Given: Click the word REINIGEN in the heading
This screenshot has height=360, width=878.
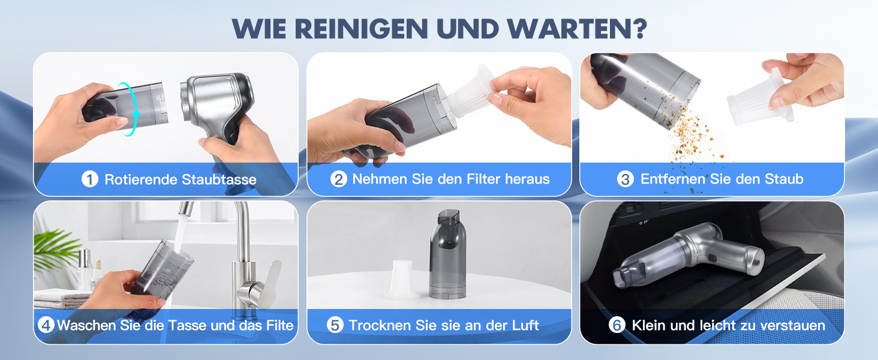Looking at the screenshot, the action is click(361, 28).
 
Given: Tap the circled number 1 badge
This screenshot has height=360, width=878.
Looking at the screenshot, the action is click(90, 179).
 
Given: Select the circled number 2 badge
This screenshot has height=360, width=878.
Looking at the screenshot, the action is click(339, 179).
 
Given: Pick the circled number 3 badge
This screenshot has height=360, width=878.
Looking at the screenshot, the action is click(625, 179).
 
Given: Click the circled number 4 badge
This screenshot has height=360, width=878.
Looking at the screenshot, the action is click(46, 325).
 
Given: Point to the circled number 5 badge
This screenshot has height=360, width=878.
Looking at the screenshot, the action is click(335, 325).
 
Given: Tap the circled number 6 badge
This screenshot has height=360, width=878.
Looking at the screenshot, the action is click(617, 325).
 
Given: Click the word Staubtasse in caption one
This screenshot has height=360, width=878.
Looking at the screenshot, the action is click(219, 179).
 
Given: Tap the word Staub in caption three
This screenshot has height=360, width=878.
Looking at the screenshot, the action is click(784, 179).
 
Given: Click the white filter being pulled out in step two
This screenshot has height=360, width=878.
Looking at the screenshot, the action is click(470, 93).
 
